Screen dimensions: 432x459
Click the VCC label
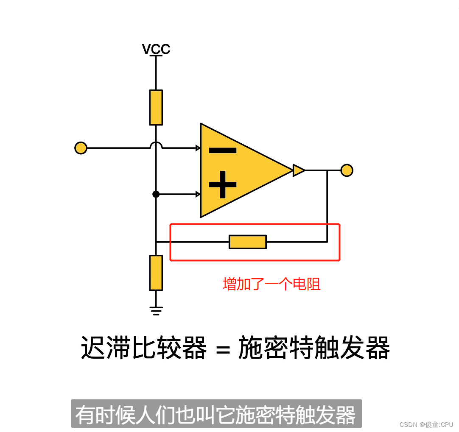156,49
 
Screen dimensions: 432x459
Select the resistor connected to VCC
156,107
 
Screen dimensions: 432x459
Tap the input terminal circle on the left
81,148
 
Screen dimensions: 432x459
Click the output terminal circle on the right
347,170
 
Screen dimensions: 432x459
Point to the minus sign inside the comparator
222,150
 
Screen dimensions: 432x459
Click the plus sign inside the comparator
222,184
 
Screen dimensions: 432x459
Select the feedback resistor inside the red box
248,242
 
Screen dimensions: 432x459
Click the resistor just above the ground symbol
156,273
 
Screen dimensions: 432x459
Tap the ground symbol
156,311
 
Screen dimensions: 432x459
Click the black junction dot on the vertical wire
156,194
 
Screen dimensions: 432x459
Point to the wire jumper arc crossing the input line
156,145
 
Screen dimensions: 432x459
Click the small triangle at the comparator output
298,170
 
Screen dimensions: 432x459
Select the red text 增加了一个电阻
271,284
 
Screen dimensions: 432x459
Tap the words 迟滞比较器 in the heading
144,348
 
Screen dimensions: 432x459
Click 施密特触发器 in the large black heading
314,348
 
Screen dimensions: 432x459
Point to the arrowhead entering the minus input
198,148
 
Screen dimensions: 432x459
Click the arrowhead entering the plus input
198,194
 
